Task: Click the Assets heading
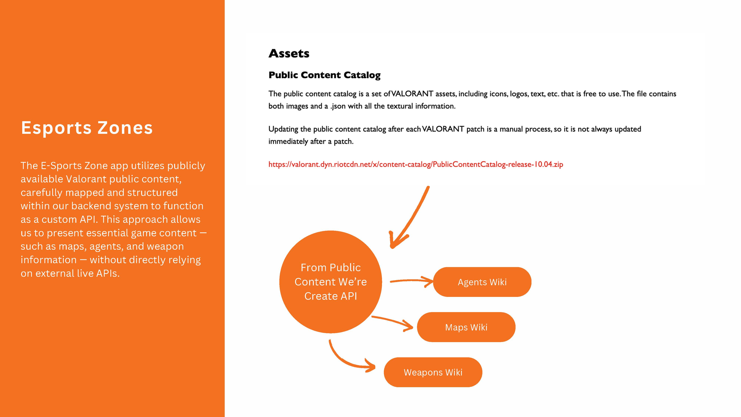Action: (x=289, y=54)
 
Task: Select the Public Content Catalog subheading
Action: (x=325, y=75)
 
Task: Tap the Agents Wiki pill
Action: (x=482, y=282)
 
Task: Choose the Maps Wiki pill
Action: (x=466, y=327)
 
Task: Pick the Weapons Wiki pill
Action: (x=433, y=372)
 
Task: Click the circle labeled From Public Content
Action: (x=330, y=282)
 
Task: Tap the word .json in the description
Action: (x=338, y=106)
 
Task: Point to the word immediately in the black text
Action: (x=288, y=142)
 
